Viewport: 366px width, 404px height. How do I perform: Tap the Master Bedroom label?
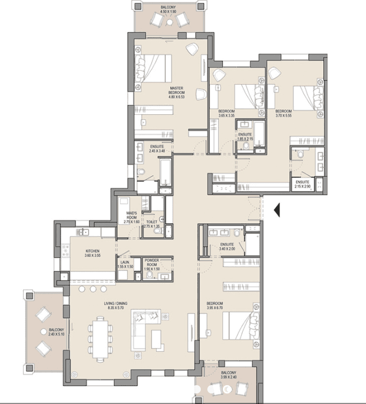pos(177,90)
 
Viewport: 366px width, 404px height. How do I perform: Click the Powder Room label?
pos(151,262)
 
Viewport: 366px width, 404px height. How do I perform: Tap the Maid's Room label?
pos(131,214)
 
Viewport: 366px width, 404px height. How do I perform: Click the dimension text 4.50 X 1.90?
pos(167,11)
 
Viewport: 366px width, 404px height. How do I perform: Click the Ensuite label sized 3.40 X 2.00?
pos(227,244)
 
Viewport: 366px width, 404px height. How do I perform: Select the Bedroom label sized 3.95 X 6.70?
pos(215,303)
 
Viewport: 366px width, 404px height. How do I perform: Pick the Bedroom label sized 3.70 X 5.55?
pos(283,111)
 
